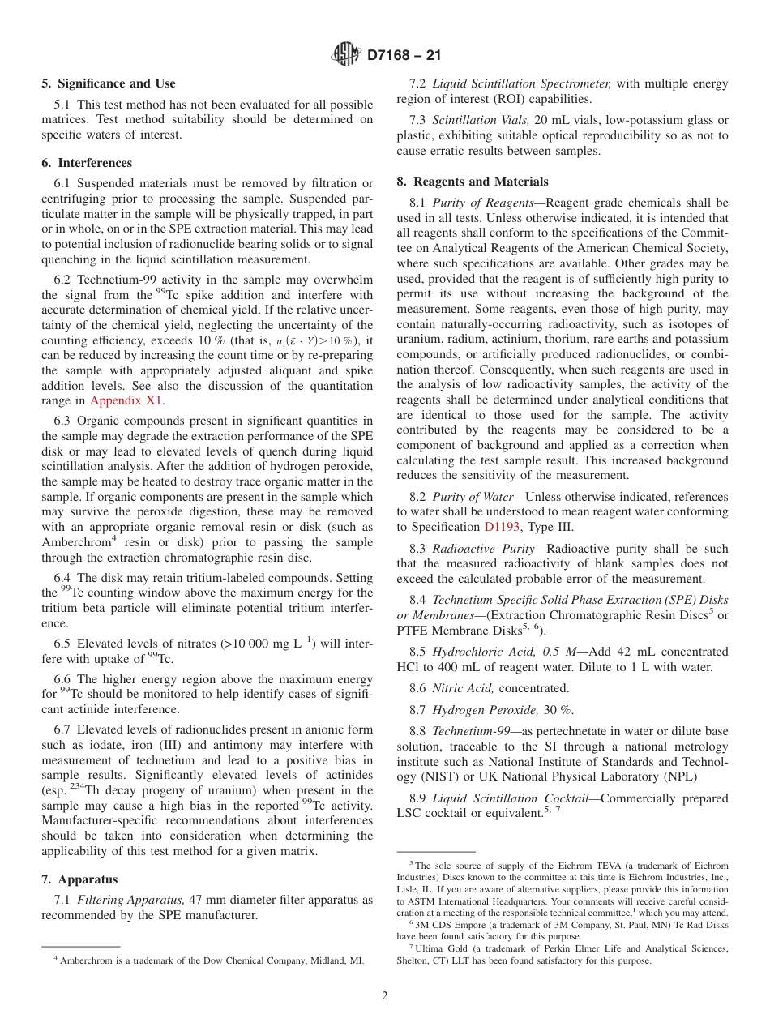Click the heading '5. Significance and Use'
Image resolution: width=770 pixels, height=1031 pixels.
[x=109, y=83]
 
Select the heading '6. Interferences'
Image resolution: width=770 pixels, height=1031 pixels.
[x=87, y=163]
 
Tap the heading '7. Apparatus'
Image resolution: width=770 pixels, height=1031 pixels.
[x=79, y=879]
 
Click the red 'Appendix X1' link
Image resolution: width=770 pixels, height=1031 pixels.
[x=126, y=400]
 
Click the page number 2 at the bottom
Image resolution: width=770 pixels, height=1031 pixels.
[x=385, y=996]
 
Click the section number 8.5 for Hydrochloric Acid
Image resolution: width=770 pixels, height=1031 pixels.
[x=418, y=652]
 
